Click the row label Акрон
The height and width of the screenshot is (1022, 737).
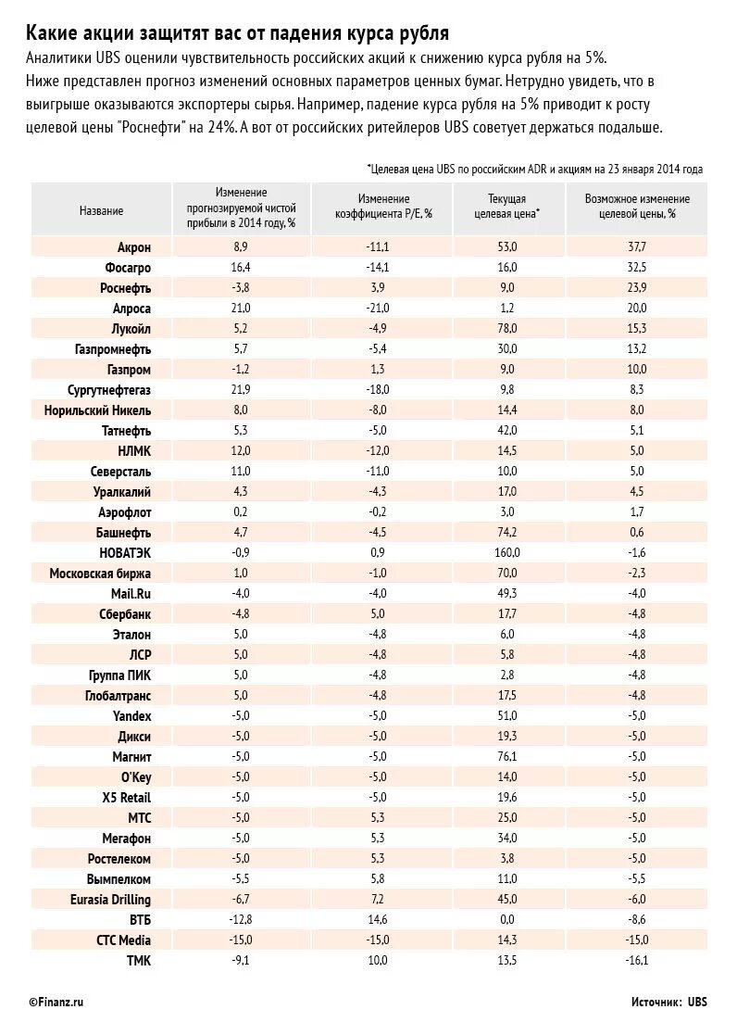click(133, 247)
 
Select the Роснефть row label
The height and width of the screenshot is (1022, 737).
click(125, 288)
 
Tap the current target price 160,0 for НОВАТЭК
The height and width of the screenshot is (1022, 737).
click(507, 553)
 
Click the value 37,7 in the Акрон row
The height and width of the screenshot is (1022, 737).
click(637, 247)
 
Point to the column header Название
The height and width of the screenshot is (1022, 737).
click(101, 211)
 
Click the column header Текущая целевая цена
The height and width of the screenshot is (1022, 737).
click(507, 206)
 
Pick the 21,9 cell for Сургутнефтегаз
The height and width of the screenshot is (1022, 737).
click(241, 390)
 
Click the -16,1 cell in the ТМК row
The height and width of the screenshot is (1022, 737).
click(637, 961)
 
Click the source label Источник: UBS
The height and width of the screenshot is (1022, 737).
click(669, 1002)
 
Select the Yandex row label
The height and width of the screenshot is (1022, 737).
click(131, 716)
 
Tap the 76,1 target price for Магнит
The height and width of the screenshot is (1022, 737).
click(507, 757)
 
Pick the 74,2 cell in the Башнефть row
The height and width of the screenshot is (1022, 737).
click(507, 533)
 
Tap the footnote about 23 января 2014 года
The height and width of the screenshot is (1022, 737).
click(535, 170)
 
